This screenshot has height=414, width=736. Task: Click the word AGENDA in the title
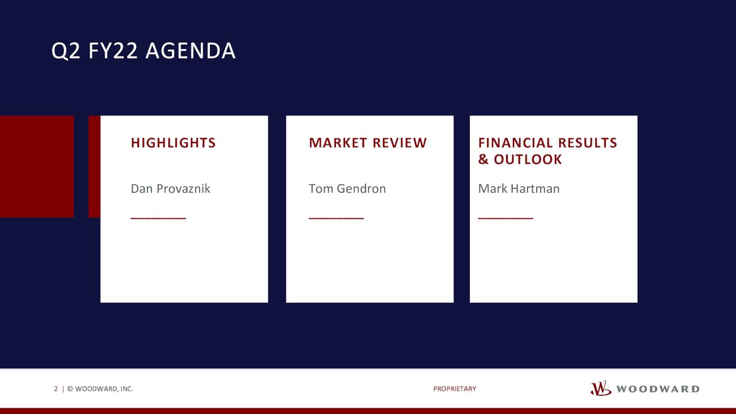190,51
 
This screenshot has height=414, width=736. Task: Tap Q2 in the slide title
66,52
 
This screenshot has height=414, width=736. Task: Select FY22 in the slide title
113,51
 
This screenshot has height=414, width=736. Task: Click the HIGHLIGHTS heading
173,143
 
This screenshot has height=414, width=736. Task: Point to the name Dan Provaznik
171,189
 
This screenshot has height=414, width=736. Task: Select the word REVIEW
400,143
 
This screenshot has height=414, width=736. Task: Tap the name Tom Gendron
347,189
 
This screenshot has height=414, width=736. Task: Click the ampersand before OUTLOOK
484,159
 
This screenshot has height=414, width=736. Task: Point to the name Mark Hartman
519,189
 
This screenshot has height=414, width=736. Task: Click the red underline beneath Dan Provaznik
158,218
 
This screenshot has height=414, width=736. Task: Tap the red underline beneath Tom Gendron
336,218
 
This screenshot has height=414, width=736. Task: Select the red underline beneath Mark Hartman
505,218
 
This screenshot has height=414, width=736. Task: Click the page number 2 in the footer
56,389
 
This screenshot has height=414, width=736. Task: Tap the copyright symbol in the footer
70,389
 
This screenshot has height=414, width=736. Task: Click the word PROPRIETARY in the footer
455,389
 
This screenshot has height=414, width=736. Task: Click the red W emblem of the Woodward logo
601,388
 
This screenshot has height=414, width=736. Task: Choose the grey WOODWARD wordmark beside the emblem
658,389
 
